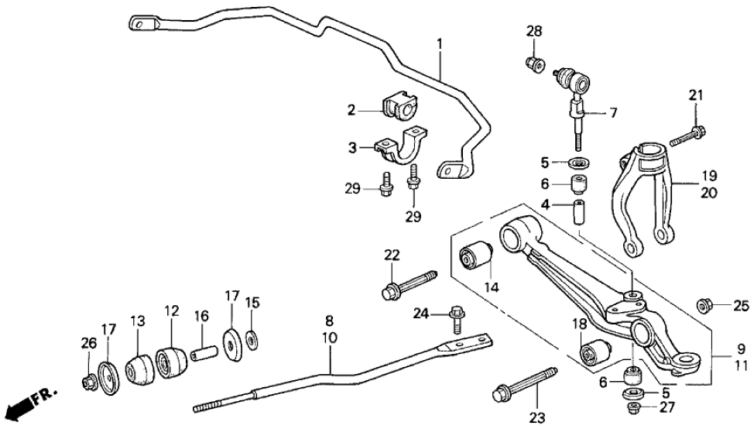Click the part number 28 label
coord(533,32)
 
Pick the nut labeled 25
coord(705,304)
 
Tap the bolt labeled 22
coord(407,284)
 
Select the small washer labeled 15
coord(252,337)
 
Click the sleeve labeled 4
coord(577,211)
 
